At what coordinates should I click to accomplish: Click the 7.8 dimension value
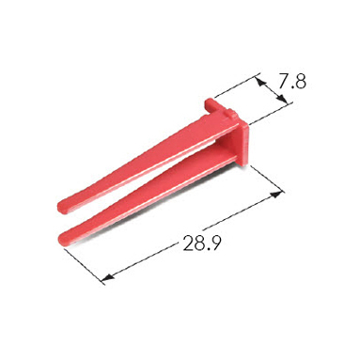click(292, 82)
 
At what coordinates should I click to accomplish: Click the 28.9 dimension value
click(202, 243)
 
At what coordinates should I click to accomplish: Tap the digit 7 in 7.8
click(283, 82)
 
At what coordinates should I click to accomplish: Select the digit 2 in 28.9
click(188, 243)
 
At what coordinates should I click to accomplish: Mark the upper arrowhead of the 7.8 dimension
click(261, 82)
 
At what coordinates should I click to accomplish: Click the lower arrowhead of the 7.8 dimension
click(282, 99)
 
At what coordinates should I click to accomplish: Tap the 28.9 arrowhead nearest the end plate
click(275, 195)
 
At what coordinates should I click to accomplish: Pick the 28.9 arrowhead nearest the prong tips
click(107, 277)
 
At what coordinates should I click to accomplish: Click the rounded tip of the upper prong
click(61, 207)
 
